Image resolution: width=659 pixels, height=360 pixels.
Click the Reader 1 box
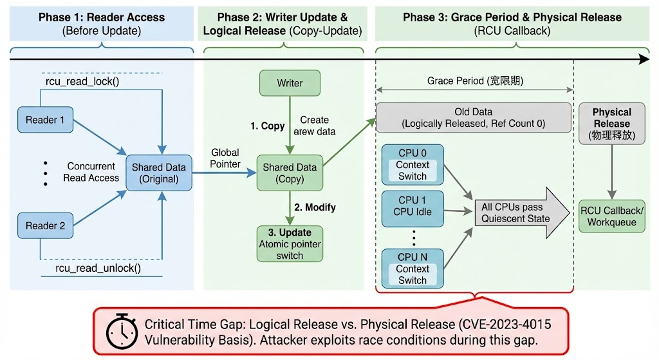[45, 120]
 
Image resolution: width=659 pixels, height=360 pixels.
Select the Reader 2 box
[45, 225]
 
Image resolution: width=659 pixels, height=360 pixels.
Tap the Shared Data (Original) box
[158, 173]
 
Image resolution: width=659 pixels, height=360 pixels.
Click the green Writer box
[290, 83]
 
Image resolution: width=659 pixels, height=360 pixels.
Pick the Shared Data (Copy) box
[290, 173]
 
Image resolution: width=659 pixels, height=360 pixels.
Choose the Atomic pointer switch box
[290, 243]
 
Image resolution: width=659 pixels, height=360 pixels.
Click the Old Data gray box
[474, 117]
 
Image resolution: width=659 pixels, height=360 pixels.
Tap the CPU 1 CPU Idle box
[413, 206]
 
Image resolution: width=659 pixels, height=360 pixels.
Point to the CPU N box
[413, 268]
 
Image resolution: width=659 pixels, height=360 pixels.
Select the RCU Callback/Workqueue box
[611, 216]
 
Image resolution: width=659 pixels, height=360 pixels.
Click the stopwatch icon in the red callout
[120, 331]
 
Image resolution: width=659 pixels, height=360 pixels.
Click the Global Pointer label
[225, 158]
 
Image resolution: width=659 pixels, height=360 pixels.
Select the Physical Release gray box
[611, 123]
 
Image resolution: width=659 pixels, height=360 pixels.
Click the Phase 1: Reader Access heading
[102, 17]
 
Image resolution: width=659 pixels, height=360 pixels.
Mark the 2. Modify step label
[315, 207]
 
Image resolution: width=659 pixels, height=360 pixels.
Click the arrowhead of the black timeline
[644, 59]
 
